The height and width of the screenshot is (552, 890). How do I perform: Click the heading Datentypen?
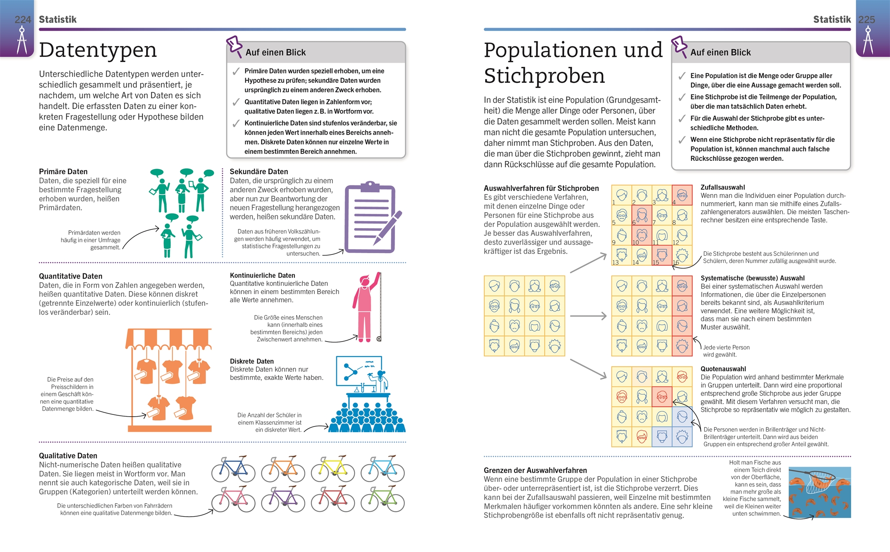(97, 50)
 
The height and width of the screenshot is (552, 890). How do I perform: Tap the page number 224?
(22, 19)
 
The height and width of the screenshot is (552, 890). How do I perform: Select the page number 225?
(866, 19)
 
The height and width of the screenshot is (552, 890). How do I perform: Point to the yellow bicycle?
(332, 469)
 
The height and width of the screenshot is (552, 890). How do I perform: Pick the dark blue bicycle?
(233, 469)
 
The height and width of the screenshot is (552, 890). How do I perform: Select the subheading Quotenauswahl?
(723, 369)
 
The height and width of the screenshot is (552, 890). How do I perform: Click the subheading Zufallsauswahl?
(723, 187)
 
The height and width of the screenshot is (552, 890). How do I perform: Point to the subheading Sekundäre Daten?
(259, 171)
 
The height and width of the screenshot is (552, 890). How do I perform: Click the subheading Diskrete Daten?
(252, 361)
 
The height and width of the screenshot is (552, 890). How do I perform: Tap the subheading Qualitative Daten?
(68, 455)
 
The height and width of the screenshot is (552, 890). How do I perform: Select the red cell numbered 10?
(642, 235)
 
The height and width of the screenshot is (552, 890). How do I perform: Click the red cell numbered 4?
(682, 195)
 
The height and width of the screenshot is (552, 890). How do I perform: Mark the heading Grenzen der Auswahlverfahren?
(535, 470)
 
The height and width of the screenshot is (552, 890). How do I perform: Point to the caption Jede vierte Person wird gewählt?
(726, 351)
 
